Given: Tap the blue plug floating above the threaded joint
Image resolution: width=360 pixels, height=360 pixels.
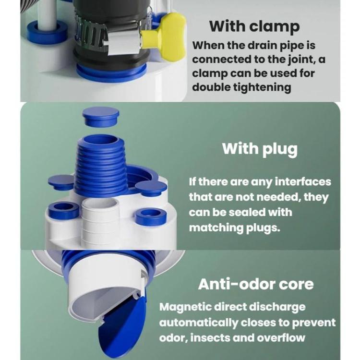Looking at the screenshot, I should tap(100, 117).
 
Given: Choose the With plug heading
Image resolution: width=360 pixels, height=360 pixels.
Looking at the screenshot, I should tap(260, 148).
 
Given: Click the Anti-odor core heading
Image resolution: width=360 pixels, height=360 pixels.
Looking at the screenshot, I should tap(256, 284).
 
